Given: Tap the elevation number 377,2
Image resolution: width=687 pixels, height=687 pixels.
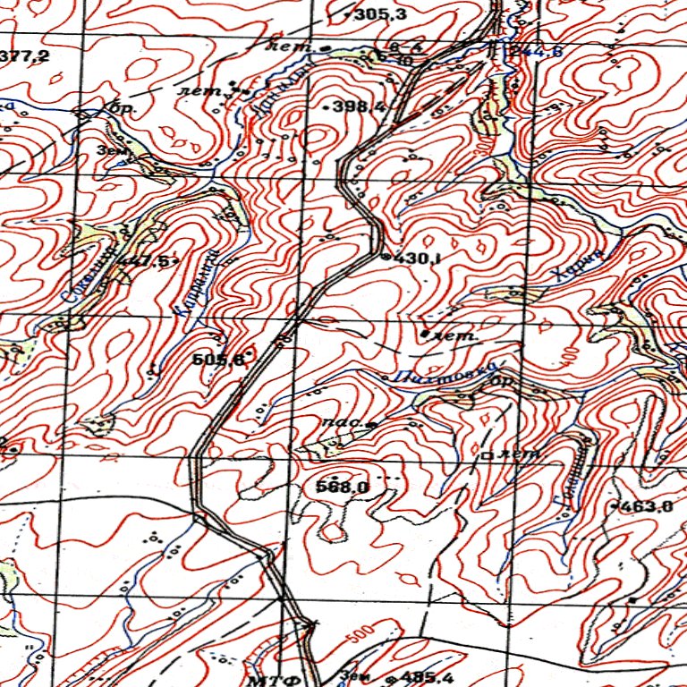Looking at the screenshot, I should coord(25,57).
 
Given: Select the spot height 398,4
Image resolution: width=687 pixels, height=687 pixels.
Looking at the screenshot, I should coord(359,106).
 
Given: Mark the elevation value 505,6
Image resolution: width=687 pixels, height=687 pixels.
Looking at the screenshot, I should coord(219,360).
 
